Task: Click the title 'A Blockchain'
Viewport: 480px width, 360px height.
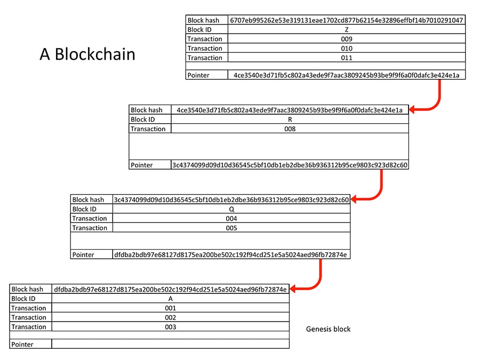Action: pos(87,54)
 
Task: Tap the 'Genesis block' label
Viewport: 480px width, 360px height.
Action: pos(328,329)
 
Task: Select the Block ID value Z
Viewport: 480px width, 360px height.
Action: pos(347,30)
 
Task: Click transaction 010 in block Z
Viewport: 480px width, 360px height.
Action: pos(347,49)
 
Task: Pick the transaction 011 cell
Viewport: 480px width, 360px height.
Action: pos(347,58)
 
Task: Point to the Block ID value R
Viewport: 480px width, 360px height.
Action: pos(290,119)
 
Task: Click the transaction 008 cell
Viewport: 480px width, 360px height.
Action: pos(290,129)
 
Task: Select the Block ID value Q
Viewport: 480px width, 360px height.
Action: pos(231,209)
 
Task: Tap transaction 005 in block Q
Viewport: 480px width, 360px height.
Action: pos(231,228)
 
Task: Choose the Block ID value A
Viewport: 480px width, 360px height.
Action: pos(171,299)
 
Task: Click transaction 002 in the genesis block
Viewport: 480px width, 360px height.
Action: pos(171,317)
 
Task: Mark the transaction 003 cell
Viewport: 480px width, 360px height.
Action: pos(171,327)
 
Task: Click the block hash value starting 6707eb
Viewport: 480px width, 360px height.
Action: pos(347,20)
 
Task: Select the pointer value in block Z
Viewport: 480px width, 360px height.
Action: pos(347,75)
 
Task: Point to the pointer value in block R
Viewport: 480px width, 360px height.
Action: pos(290,165)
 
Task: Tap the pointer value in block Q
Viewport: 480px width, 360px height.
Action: pos(230,255)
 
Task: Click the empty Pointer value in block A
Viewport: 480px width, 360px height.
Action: pos(171,344)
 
